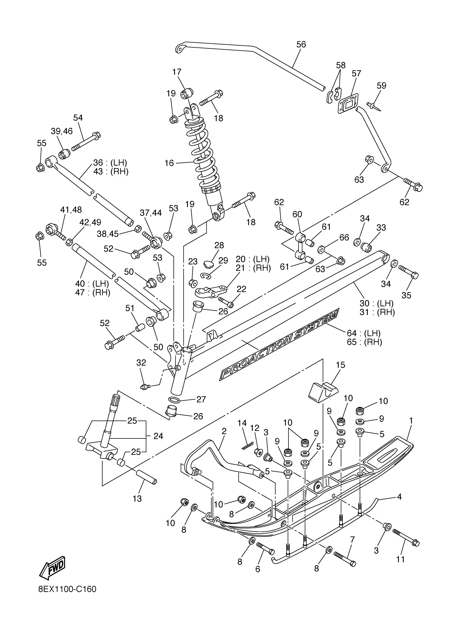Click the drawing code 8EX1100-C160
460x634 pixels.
click(67, 597)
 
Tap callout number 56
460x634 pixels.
click(301, 45)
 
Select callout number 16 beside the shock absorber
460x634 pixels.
click(169, 163)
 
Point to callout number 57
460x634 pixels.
click(356, 73)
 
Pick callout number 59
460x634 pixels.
click(382, 86)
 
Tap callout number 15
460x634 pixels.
click(341, 365)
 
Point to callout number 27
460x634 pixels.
click(201, 399)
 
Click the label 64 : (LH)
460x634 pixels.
click(363, 333)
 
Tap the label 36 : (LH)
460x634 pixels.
click(110, 163)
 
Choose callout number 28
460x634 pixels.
click(219, 245)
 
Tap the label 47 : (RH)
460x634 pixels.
click(93, 293)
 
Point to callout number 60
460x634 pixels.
click(297, 214)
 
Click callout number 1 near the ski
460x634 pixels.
click(411, 420)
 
